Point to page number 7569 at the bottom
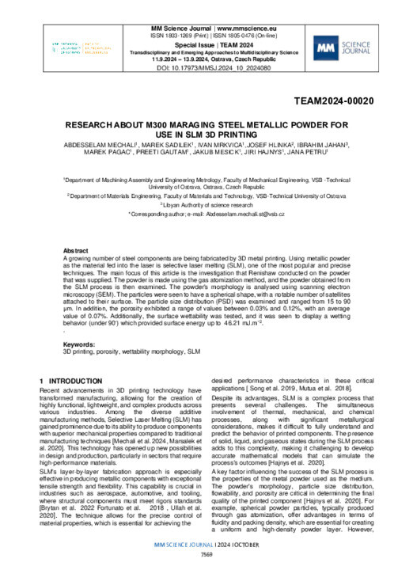tap(206, 576)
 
